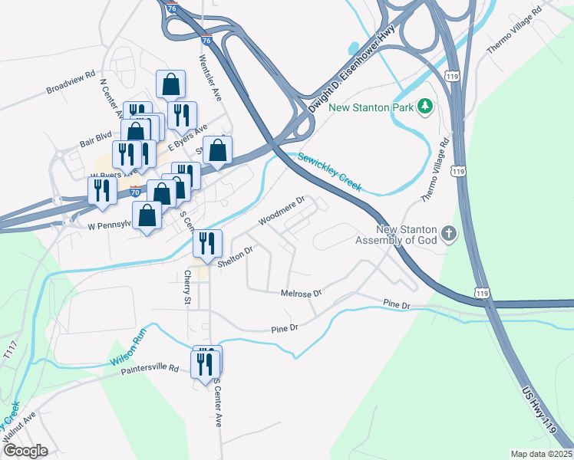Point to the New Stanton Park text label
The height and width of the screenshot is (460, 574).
[371, 107]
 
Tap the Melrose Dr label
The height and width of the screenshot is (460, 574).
[301, 293]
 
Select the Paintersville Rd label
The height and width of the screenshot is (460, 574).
[150, 370]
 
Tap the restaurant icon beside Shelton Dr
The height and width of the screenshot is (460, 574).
[207, 244]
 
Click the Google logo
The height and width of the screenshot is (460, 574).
[25, 451]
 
